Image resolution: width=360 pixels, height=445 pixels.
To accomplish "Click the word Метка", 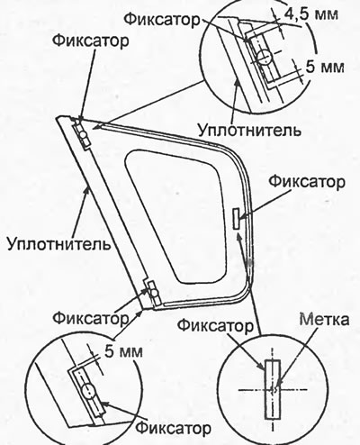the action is coord(324,320).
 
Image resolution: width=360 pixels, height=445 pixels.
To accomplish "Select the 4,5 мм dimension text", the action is coord(311,14).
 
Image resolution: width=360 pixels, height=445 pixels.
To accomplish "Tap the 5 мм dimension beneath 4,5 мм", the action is coord(325,68).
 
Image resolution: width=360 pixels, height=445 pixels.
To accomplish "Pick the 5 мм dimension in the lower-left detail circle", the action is coord(123,351).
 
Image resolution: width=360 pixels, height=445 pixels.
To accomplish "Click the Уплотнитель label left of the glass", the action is coord(58,244).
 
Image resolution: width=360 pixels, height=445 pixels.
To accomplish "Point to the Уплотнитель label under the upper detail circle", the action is coord(249,131).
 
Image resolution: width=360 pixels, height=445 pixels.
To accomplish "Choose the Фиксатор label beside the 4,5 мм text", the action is coord(162,20).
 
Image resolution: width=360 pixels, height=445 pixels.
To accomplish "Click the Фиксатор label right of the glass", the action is coord(307,182).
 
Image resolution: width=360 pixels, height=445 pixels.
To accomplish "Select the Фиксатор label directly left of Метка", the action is coord(215,326).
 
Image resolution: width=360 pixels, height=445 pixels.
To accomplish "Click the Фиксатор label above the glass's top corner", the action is coord(91,41).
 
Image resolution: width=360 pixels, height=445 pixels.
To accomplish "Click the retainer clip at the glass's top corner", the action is coord(82,134).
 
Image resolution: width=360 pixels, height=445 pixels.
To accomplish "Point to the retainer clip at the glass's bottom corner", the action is coord(153,292).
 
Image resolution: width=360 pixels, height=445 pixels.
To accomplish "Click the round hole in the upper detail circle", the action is coord(265,57).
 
